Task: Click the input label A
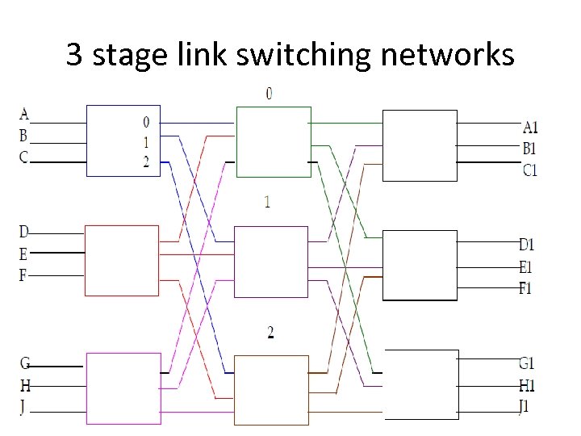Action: click(x=24, y=114)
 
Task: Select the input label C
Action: click(x=24, y=157)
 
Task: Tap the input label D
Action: click(x=24, y=233)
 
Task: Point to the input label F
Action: click(x=24, y=275)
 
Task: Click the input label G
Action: click(x=24, y=363)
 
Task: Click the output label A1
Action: click(x=530, y=127)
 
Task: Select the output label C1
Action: click(x=530, y=170)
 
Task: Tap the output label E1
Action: click(x=526, y=266)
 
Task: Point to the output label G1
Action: click(x=527, y=363)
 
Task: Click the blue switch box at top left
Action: click(x=123, y=140)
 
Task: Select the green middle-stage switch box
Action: click(x=273, y=141)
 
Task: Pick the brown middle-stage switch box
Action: click(x=272, y=388)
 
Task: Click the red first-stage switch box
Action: click(x=122, y=261)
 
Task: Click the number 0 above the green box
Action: click(x=270, y=94)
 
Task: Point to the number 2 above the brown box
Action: click(x=270, y=333)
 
